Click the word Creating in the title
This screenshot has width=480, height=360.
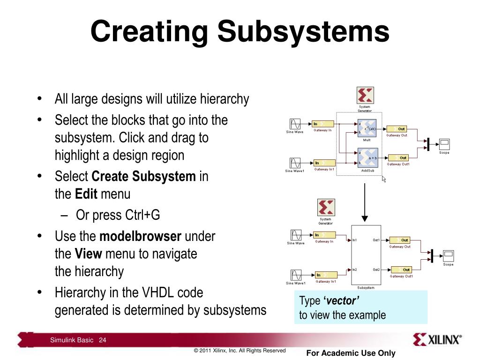[x=149, y=32]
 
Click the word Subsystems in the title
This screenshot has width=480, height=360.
[x=303, y=32]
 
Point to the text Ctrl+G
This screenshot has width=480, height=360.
[x=142, y=215]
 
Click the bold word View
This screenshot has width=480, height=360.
[x=88, y=254]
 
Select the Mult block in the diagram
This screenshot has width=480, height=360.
[x=367, y=129]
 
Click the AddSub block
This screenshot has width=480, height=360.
[x=367, y=158]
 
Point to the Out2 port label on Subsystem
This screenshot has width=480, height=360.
[x=376, y=270]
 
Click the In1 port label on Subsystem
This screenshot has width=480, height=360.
[x=354, y=240]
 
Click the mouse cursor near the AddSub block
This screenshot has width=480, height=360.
[x=384, y=179]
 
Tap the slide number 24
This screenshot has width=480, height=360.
[x=103, y=340]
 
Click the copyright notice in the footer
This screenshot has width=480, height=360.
[x=240, y=350]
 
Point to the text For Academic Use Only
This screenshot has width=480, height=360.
[x=351, y=353]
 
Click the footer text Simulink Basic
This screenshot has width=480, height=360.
[x=72, y=340]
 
